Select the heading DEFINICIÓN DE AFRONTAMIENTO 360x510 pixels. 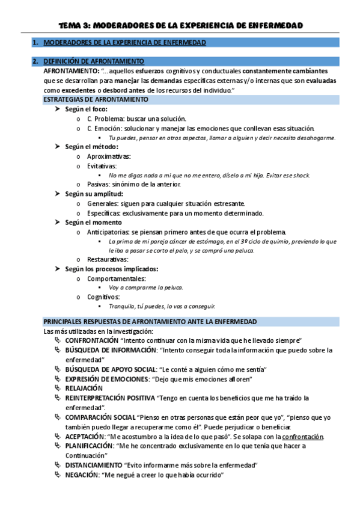pos(94,61)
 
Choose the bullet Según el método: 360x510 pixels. pos(92,146)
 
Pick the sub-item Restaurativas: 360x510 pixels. pos(108,259)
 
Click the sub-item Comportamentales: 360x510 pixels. pos(116,278)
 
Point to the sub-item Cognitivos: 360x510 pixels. pos(103,296)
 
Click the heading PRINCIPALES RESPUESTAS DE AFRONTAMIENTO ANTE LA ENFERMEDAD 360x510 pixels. pos(150,322)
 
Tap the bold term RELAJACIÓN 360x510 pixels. pos(84,389)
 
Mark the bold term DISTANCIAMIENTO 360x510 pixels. pos(93,465)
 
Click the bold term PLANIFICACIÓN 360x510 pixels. pos(90,446)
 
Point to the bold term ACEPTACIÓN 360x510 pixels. pos(86,436)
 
